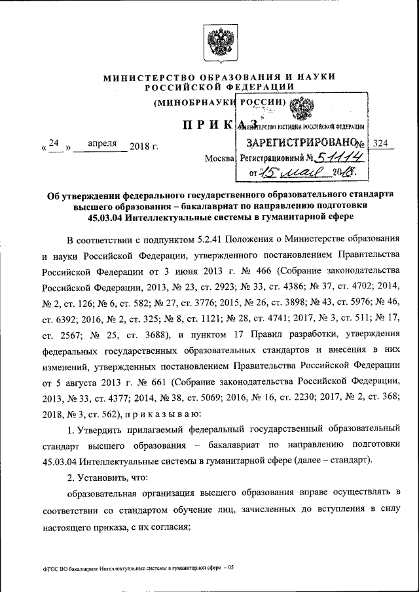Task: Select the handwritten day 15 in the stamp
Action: tap(270, 173)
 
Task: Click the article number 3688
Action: tap(153, 335)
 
